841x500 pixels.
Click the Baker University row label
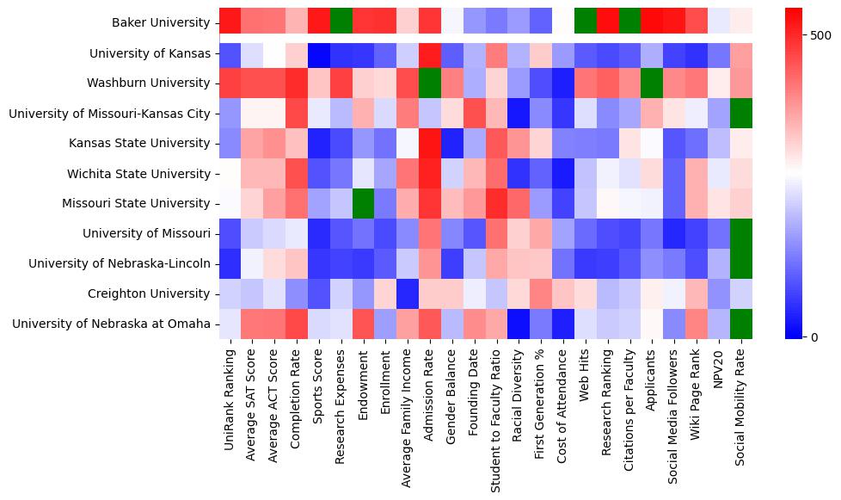[x=161, y=23]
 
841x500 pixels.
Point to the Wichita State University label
[x=138, y=174]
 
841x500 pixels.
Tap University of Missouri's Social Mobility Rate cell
[x=741, y=233]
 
